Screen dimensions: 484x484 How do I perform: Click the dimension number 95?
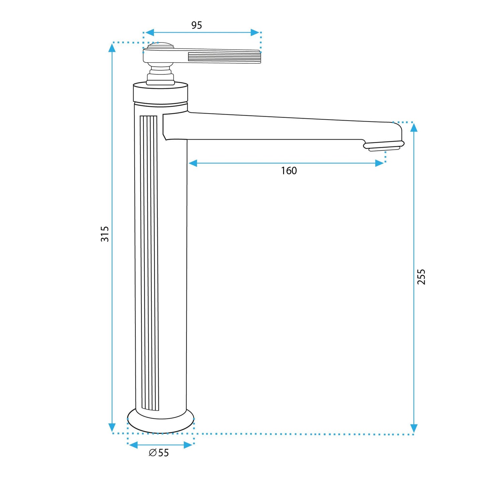coord(197,25)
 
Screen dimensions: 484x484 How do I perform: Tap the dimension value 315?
coord(105,234)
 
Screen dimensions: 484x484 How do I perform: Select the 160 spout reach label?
coord(289,171)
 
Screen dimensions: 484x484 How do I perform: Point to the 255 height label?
coord(421,277)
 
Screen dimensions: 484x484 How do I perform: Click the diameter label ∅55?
coord(159,453)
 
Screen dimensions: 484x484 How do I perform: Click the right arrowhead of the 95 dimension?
coord(255,32)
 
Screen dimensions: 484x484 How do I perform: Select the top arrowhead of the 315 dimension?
coord(112,48)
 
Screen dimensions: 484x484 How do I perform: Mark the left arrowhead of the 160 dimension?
coord(193,163)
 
